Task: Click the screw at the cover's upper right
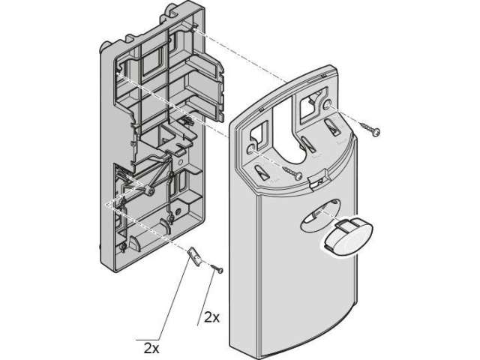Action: point(370,128)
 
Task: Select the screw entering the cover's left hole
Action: point(292,173)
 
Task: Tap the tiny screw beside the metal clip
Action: point(217,268)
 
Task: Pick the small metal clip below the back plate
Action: point(195,256)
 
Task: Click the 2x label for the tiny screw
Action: point(211,318)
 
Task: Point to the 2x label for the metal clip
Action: point(151,348)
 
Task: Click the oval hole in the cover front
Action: point(320,215)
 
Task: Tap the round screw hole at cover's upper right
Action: point(327,105)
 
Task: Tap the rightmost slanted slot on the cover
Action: point(333,127)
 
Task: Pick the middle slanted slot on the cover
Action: point(308,144)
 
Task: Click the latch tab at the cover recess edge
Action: point(318,182)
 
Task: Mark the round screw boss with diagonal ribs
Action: point(150,191)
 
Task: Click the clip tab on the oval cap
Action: point(345,226)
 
